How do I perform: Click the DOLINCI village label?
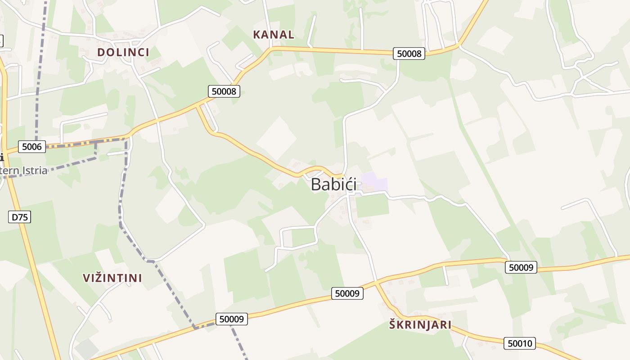123,52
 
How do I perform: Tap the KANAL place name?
274,35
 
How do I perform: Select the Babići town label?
333,184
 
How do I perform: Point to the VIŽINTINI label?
112,278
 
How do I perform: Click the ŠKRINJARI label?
420,325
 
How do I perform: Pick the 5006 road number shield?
32,146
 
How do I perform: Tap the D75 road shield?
20,217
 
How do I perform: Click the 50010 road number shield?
520,344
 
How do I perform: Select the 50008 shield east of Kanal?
409,54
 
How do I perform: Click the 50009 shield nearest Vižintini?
232,319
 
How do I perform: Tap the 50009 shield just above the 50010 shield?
521,267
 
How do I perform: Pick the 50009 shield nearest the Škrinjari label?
347,293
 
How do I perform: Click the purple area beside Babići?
375,182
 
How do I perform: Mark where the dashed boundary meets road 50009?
195,328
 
